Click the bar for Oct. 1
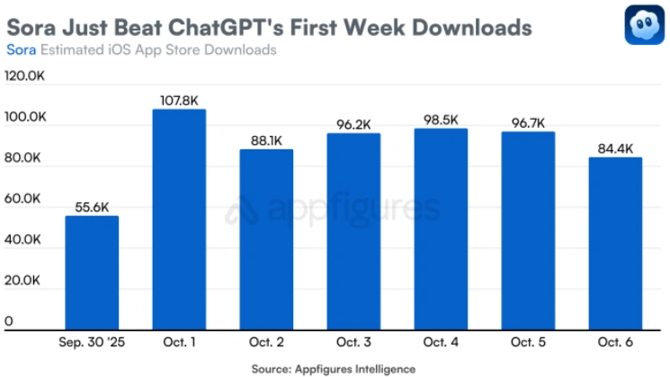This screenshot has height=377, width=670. click(x=179, y=220)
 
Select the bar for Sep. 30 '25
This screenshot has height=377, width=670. click(x=92, y=273)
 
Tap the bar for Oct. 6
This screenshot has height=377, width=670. click(x=615, y=244)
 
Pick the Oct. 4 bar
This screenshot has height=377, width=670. click(x=441, y=229)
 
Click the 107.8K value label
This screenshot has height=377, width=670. click(x=179, y=101)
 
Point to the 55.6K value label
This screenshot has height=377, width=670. click(x=92, y=207)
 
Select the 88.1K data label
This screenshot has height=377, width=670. click(x=266, y=140)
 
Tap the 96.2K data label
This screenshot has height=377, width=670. click(x=353, y=125)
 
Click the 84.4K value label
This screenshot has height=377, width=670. click(x=615, y=148)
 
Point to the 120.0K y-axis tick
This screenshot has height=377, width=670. click(x=24, y=77)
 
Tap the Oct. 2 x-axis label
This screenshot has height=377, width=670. click(x=266, y=344)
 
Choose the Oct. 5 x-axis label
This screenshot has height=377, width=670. click(x=528, y=344)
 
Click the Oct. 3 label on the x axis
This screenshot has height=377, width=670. click(x=353, y=344)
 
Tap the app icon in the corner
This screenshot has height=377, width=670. click(x=644, y=25)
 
